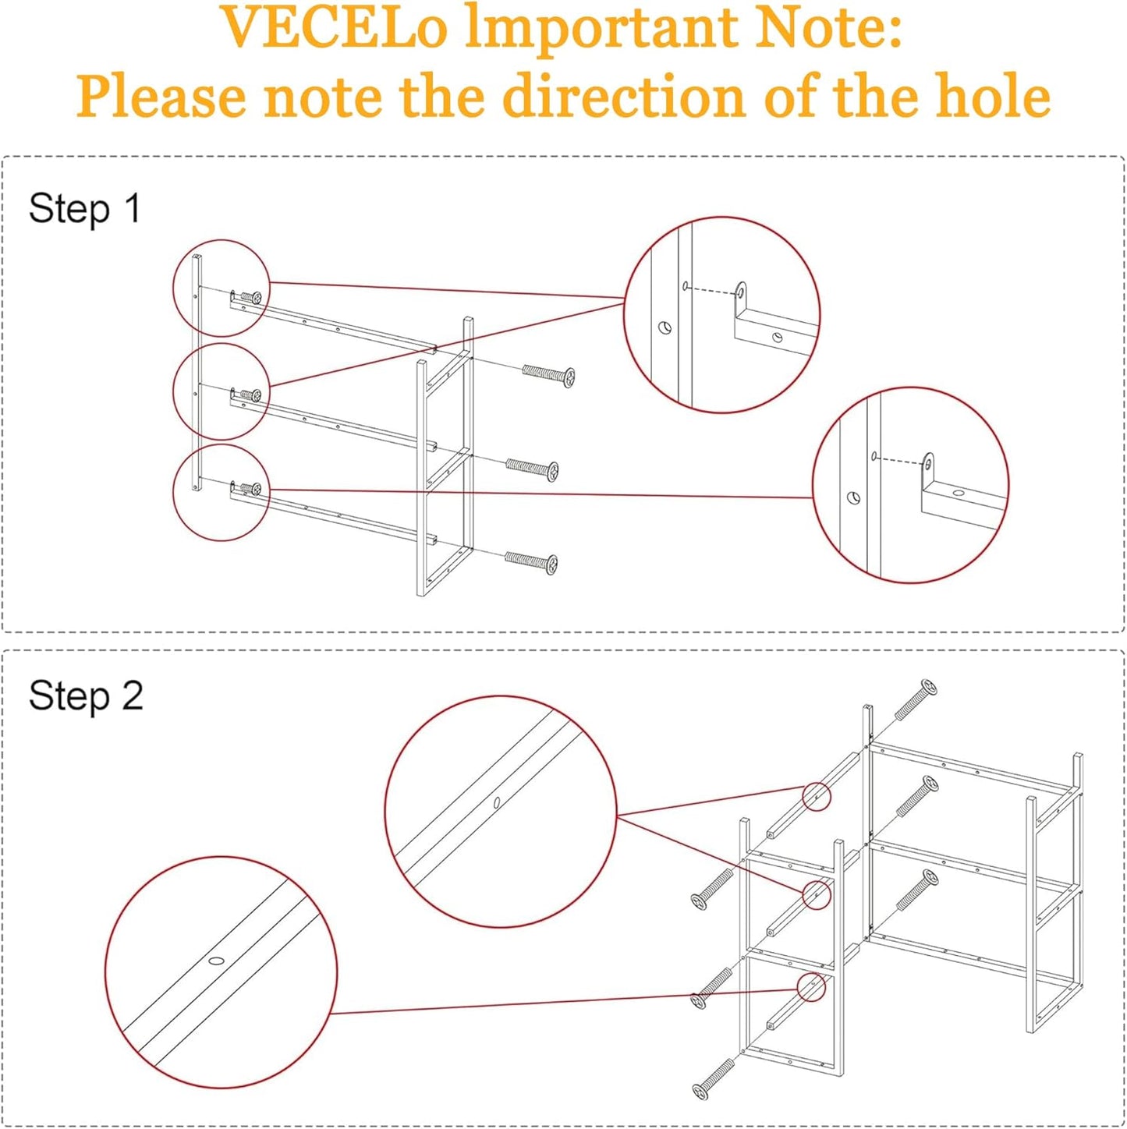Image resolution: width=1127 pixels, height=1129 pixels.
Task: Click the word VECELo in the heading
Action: [x=334, y=28]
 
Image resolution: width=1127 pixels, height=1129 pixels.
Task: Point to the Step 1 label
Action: [x=84, y=209]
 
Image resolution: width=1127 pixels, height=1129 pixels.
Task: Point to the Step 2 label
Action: [x=86, y=696]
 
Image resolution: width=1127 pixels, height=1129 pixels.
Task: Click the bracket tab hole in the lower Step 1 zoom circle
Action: [x=928, y=463]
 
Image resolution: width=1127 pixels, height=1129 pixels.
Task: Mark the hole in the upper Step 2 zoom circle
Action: [x=497, y=802]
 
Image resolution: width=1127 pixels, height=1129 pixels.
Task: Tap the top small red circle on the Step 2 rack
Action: [x=816, y=797]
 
